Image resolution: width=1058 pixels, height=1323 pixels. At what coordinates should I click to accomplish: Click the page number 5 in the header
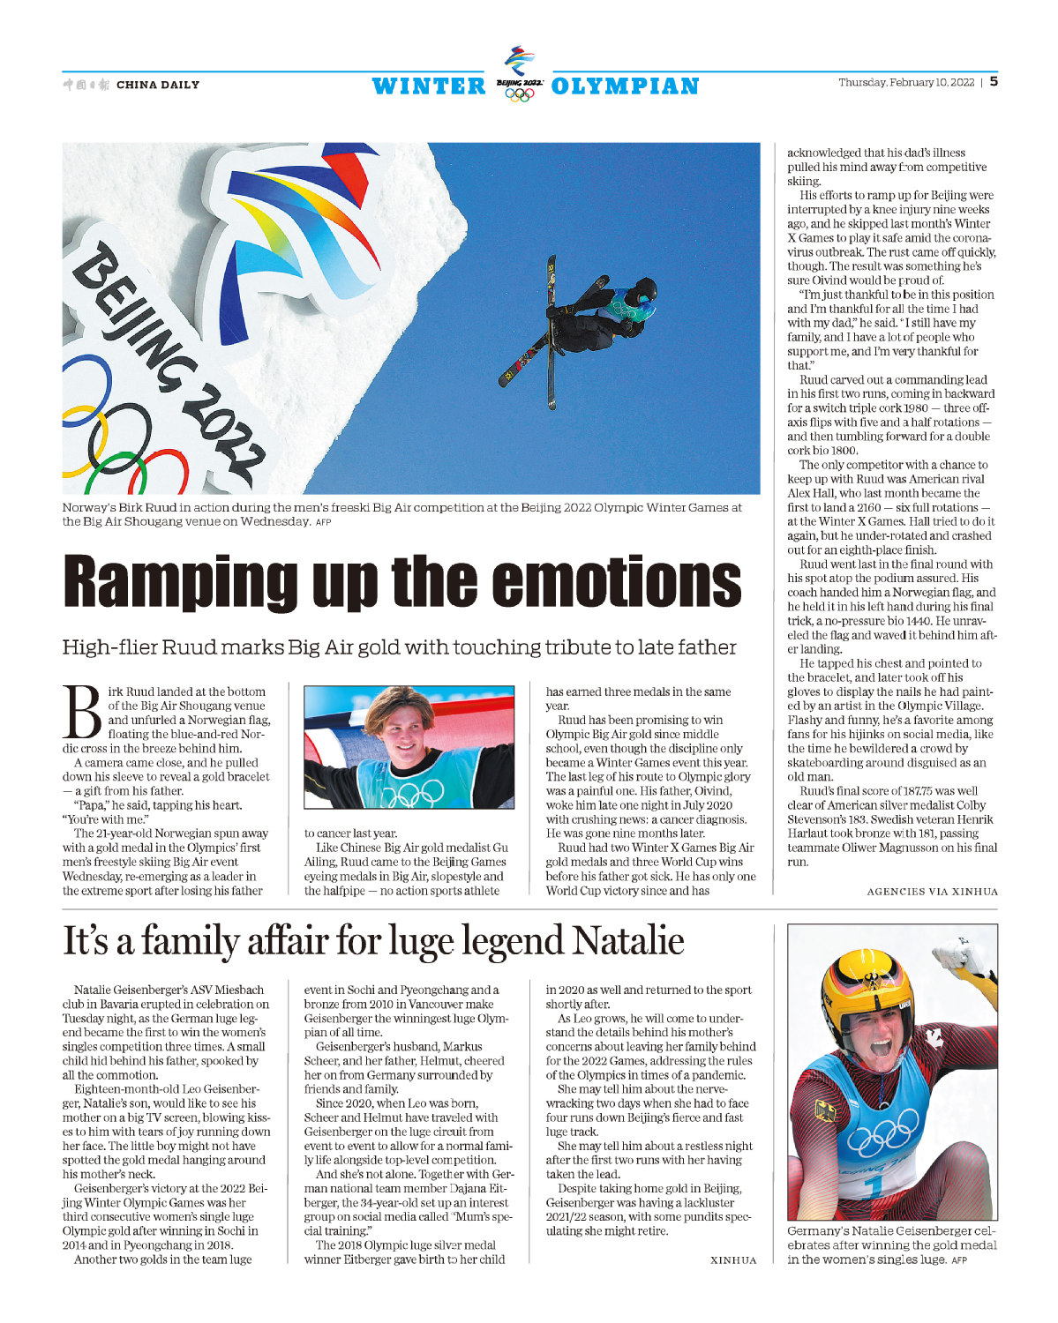point(994,82)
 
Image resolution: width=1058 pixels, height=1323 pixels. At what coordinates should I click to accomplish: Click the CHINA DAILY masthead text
point(158,85)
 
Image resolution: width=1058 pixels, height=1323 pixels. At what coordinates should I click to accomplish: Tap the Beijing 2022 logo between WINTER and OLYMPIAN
point(519,74)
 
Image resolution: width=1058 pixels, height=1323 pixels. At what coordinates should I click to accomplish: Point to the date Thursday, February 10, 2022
point(906,83)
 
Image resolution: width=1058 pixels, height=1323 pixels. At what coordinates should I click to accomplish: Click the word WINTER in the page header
point(429,86)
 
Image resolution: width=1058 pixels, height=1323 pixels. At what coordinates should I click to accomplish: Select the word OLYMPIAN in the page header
point(625,86)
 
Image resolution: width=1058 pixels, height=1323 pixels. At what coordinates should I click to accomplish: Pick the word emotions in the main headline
point(615,582)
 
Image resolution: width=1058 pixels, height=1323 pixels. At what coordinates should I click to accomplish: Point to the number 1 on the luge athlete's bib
point(874,1187)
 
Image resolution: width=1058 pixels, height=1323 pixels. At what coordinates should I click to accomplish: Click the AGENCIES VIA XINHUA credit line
point(932,892)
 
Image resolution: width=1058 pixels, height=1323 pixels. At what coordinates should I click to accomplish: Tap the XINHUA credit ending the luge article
point(733,1260)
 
